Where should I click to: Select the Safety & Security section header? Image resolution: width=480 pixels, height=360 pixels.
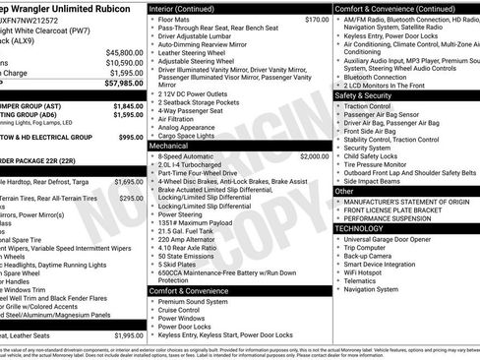tap(363, 95)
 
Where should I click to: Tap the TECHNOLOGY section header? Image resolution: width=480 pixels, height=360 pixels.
tap(360, 228)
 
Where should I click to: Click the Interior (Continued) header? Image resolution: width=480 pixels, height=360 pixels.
tap(188, 7)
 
